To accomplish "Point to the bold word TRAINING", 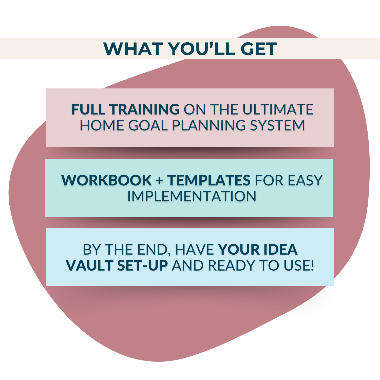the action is point(145,109).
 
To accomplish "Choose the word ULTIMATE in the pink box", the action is point(278,109).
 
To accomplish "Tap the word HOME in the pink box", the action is point(102,125).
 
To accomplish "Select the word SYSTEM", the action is point(277,125).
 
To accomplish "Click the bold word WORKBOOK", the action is point(106,180).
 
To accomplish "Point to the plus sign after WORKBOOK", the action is point(159,181).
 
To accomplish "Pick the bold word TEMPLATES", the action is point(209,180).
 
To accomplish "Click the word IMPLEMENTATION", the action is point(192,196).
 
